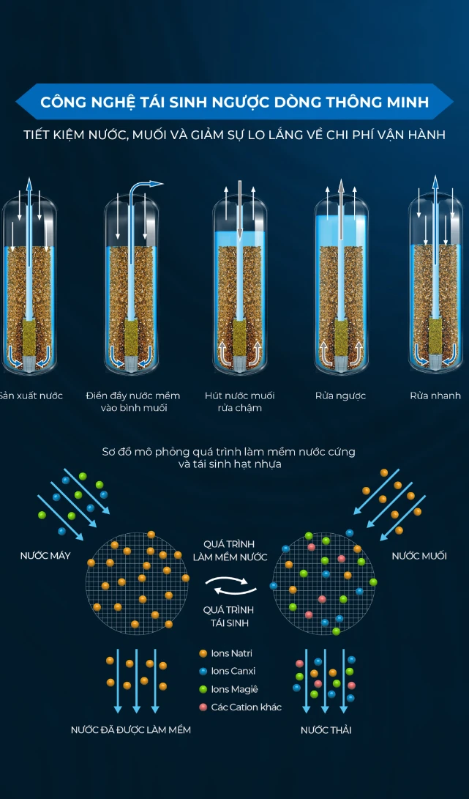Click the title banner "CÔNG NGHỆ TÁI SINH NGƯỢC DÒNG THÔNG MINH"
coord(234,102)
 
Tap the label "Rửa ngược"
coord(341,396)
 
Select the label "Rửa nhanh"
coord(435,395)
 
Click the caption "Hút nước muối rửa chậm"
coord(239,401)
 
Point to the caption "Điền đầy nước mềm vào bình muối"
coord(133,401)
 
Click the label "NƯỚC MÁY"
coord(45,556)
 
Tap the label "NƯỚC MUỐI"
coord(419,556)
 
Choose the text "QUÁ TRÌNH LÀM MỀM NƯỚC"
coord(230,550)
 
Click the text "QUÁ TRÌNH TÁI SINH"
coord(228,616)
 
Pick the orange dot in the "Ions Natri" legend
coord(203,653)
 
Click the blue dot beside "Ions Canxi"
coord(203,672)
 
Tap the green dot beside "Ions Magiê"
coord(203,689)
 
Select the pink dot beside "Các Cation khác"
coord(203,707)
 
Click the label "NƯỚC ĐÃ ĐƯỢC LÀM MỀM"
coord(131,729)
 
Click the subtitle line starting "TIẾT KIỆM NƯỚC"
coord(234,135)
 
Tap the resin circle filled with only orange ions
coord(138,581)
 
